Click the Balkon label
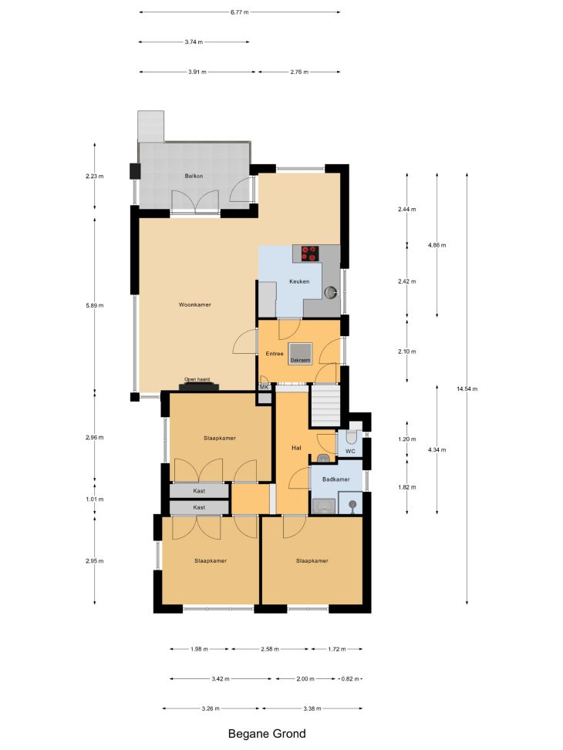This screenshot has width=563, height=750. point(194,176)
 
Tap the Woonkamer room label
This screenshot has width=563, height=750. point(195,304)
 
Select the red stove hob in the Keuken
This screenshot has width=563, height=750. point(310,253)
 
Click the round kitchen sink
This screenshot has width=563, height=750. point(332,292)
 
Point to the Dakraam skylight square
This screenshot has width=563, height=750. point(300,354)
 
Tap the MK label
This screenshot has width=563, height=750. point(264,387)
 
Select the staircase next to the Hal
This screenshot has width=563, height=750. point(325,405)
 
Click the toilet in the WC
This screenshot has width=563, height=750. point(352,436)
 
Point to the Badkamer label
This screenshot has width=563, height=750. point(336,479)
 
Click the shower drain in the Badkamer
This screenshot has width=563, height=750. point(352,503)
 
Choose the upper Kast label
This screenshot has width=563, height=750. point(199,491)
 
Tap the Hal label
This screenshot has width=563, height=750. point(296,448)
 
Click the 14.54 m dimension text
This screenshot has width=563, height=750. point(467,388)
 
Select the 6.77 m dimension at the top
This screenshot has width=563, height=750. point(239,12)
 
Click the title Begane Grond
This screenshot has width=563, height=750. point(267,734)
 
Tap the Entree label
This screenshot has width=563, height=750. point(275,354)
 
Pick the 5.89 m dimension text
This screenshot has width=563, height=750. point(94,305)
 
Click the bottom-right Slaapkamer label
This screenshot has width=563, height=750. point(312,560)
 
